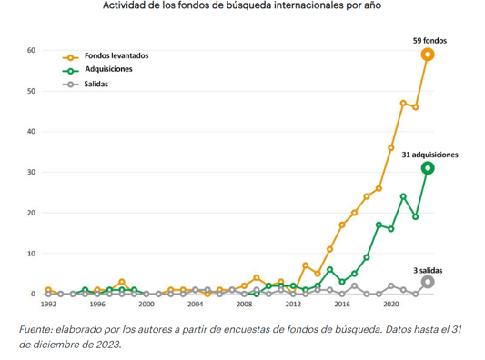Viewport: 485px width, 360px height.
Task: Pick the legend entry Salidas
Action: (97, 84)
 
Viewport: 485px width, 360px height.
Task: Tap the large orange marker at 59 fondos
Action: (428, 55)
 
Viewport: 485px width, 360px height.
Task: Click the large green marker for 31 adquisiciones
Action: (428, 168)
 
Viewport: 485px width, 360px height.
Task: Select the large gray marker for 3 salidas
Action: (428, 282)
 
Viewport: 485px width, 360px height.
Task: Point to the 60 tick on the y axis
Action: (32, 51)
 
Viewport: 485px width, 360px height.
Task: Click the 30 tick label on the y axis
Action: (32, 172)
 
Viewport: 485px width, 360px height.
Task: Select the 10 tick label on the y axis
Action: (32, 254)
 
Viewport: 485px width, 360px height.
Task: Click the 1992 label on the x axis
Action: (48, 305)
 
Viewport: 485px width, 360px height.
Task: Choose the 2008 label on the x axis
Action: (244, 305)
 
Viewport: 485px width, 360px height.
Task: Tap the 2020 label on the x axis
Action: (391, 305)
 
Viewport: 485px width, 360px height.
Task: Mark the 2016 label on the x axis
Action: (342, 305)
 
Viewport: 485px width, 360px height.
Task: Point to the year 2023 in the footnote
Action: (102, 345)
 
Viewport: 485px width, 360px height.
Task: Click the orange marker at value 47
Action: (403, 103)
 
